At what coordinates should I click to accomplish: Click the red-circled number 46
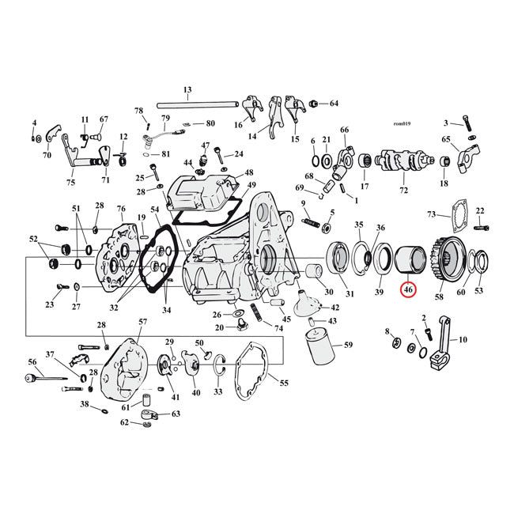(x=408, y=290)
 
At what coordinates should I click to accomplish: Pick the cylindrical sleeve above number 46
(x=410, y=258)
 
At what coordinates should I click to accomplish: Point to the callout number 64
(x=334, y=104)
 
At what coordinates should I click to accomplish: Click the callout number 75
(x=70, y=183)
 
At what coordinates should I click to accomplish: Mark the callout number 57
(x=142, y=322)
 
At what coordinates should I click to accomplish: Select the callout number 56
(x=32, y=361)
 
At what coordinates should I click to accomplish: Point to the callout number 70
(x=47, y=156)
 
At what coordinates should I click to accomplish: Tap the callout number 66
(x=344, y=130)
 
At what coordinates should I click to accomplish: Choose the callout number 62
(x=125, y=422)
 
